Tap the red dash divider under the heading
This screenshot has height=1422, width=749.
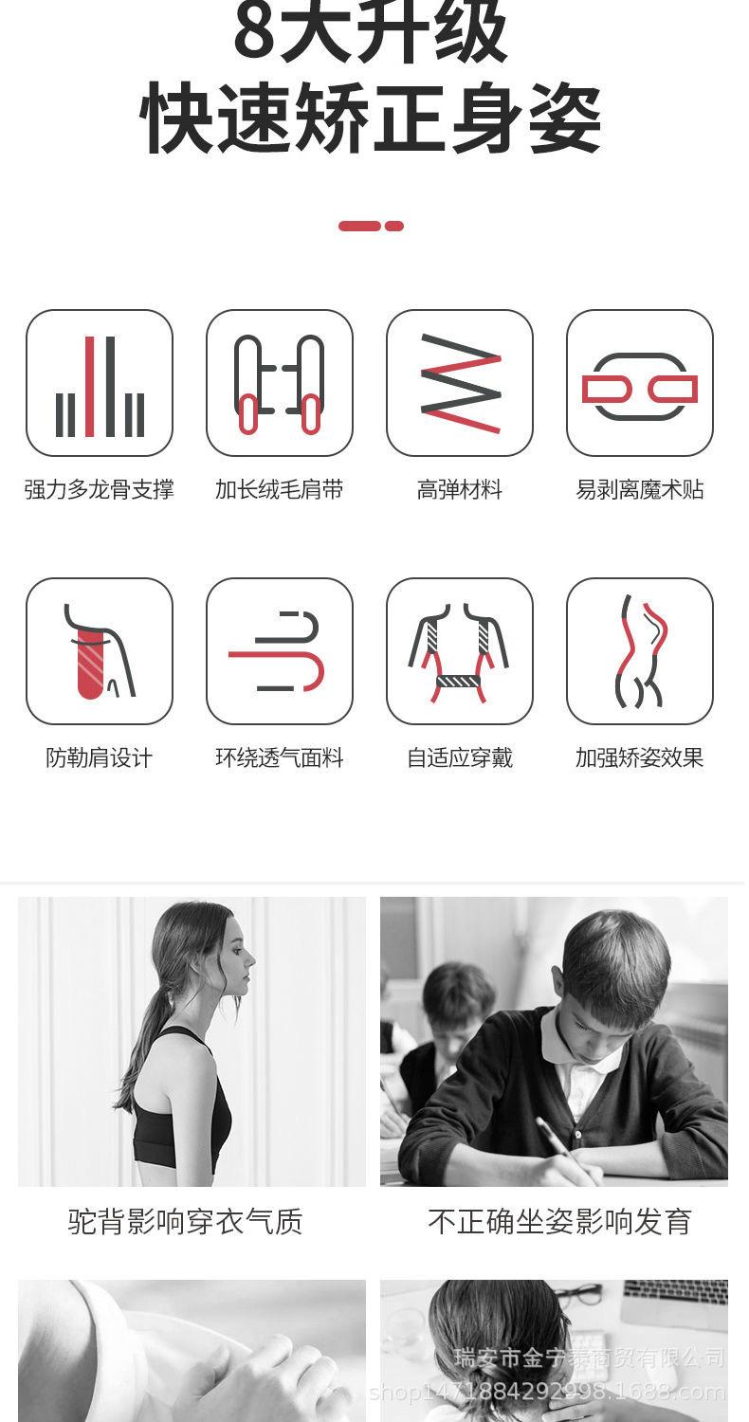tap(371, 226)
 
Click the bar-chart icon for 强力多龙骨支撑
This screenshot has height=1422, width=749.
tap(100, 384)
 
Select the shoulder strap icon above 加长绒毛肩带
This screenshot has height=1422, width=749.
tap(280, 384)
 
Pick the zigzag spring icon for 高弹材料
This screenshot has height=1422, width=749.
tap(460, 384)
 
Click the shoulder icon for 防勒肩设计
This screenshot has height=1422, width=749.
tap(100, 652)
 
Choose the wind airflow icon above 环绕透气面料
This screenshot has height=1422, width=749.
tap(280, 652)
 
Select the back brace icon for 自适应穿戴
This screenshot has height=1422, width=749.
tap(460, 652)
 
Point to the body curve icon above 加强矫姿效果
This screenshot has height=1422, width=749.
tap(640, 652)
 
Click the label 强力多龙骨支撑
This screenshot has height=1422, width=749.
tap(100, 490)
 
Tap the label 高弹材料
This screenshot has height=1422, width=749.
tap(460, 490)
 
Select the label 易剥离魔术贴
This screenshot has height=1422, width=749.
tap(640, 490)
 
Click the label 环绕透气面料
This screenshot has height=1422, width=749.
tap(280, 758)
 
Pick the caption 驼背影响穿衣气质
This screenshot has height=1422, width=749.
tap(186, 1222)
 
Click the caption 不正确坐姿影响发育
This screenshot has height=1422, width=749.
tap(559, 1222)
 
